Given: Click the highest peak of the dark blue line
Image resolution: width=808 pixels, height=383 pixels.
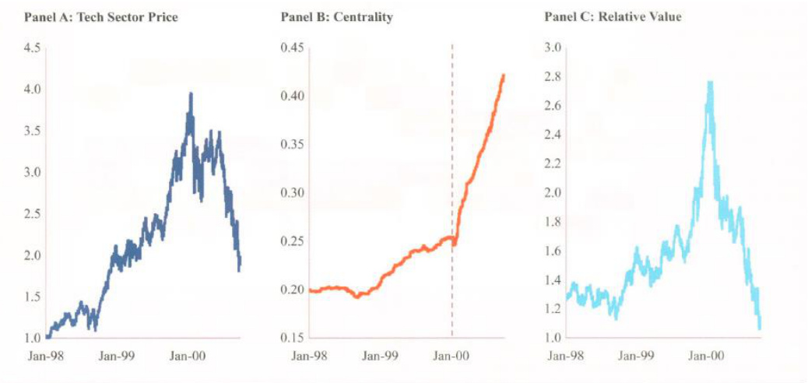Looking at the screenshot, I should [191, 93].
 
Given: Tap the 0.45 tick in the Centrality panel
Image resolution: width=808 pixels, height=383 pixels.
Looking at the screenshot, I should [292, 47].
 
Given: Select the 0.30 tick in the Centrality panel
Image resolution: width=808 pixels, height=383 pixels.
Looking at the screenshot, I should [292, 193].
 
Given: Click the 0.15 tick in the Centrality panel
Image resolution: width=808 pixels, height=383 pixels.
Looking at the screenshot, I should [292, 338].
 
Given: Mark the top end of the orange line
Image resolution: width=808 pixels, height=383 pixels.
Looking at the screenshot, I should [504, 75].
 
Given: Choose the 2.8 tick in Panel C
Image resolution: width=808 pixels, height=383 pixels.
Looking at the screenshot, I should [553, 76].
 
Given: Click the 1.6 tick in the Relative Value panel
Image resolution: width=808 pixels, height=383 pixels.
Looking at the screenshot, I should [553, 251].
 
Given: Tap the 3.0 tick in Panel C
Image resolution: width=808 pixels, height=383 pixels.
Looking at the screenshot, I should [553, 47].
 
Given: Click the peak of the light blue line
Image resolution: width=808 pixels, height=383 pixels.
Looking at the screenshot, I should [710, 82].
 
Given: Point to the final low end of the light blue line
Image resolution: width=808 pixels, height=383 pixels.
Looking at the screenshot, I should [759, 328].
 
